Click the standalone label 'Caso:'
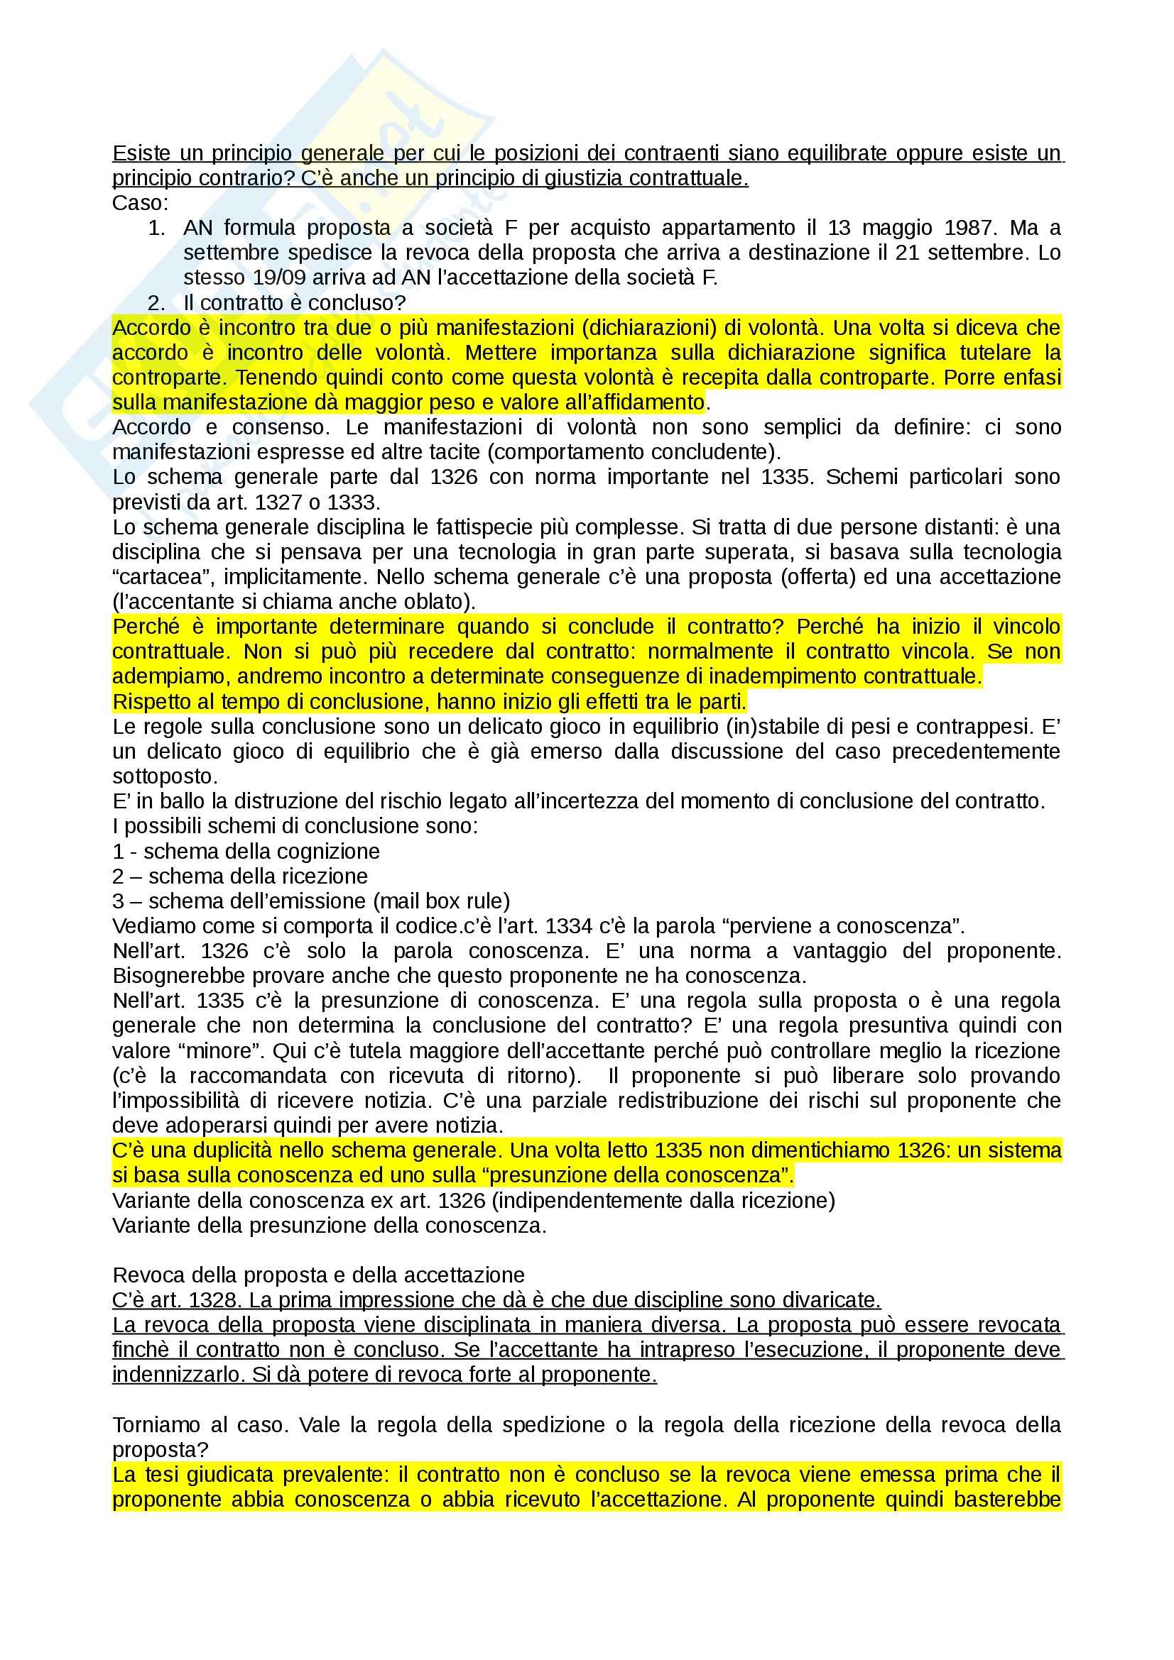pyautogui.click(x=140, y=203)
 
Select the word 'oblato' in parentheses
pyautogui.click(x=437, y=602)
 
